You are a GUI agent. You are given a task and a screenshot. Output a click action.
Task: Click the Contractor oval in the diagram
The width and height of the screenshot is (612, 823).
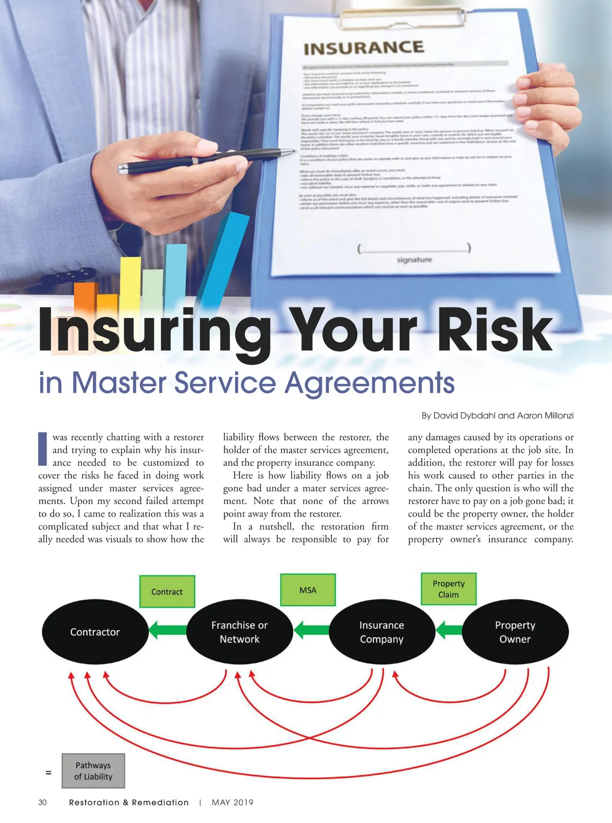[x=95, y=632]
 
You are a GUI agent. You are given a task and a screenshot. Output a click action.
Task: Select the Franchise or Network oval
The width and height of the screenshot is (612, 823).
[x=239, y=632]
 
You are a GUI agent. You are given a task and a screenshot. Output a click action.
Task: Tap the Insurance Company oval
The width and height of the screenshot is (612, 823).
[x=381, y=632]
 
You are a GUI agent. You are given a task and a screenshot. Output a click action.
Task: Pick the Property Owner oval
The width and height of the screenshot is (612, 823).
[x=515, y=632]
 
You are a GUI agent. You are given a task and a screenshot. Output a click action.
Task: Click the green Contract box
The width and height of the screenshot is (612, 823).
[x=167, y=592]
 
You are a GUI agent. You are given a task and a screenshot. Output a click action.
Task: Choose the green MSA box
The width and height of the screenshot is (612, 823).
[x=308, y=590]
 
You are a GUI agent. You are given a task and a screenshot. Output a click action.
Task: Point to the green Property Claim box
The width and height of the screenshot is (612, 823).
[x=448, y=589]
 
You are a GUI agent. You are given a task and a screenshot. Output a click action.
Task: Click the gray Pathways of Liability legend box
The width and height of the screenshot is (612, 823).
[x=93, y=771]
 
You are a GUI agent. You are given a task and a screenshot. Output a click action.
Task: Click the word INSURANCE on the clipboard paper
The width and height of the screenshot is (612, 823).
[x=364, y=48]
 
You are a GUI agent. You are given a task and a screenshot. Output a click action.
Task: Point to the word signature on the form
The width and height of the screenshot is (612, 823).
[x=414, y=260]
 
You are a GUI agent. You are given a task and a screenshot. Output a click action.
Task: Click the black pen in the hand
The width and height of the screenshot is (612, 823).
[x=204, y=159]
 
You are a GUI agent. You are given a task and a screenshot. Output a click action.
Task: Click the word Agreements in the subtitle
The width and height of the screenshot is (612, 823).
[x=369, y=383]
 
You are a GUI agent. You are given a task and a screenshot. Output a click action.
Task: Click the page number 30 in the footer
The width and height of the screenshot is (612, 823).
[x=42, y=803]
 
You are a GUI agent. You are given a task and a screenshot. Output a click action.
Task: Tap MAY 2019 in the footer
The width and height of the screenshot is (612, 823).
[x=233, y=803]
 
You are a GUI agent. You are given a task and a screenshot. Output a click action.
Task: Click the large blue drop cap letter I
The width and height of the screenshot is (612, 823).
[x=43, y=449]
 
